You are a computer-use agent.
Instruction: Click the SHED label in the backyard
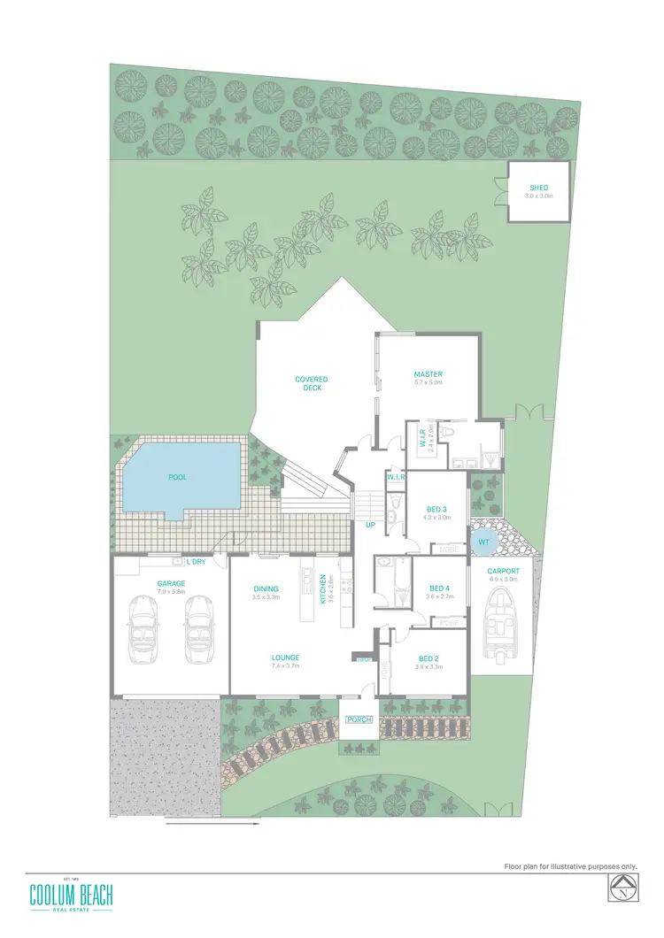click(x=538, y=188)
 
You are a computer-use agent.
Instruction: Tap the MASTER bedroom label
click(x=429, y=374)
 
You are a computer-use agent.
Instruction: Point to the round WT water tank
click(x=484, y=542)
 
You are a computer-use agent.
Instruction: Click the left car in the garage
click(x=143, y=628)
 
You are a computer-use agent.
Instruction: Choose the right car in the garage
click(x=198, y=628)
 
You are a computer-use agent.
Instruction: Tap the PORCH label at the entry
click(x=359, y=719)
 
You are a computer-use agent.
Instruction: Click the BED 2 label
click(x=429, y=658)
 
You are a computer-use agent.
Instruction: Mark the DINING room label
click(x=266, y=588)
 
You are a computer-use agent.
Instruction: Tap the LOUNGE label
click(x=285, y=657)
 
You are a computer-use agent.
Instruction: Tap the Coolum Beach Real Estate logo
click(x=71, y=895)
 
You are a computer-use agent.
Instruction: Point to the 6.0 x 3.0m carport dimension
click(x=503, y=580)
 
